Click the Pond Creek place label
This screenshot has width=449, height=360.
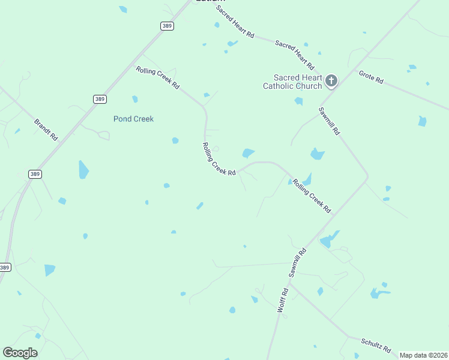(133, 119)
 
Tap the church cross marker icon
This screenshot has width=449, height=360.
(331, 80)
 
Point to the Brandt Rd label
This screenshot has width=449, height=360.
(46, 129)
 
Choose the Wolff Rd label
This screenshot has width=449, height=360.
(283, 299)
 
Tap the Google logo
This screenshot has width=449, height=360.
(20, 353)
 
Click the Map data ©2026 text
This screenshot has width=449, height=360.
(423, 355)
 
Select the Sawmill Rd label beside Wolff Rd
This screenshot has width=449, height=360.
(297, 263)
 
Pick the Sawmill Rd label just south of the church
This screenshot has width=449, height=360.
(330, 121)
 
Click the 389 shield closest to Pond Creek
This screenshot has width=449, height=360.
(100, 99)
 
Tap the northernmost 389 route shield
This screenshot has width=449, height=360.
(167, 26)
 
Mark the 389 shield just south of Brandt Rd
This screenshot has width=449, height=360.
(35, 174)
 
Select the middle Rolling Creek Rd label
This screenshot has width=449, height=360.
(219, 159)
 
